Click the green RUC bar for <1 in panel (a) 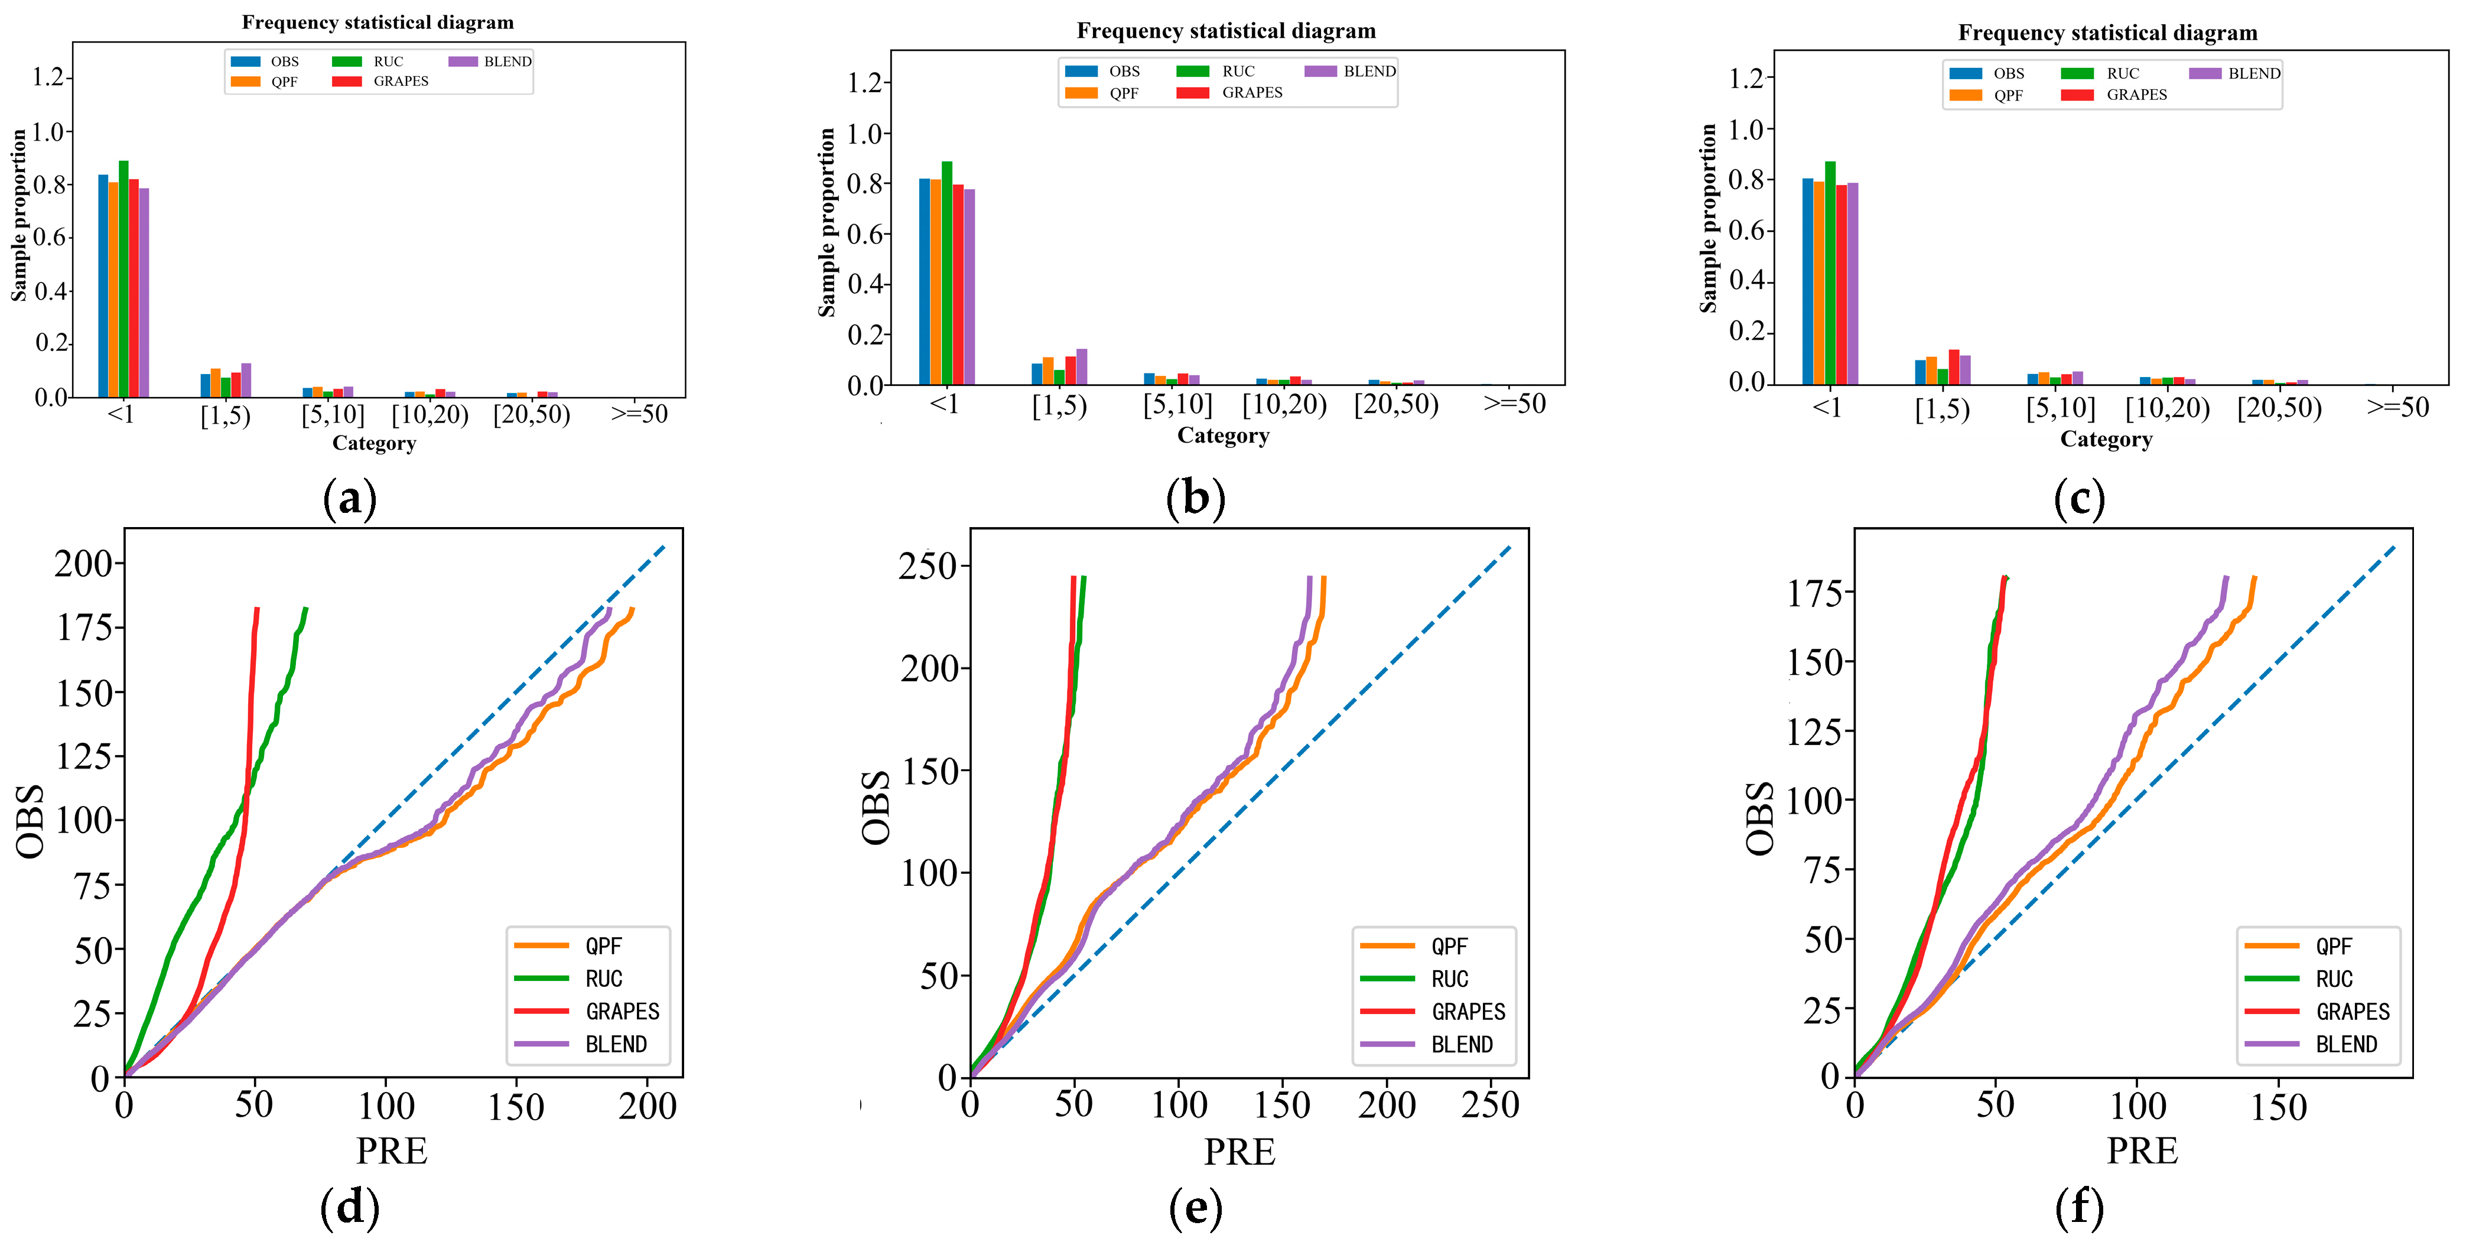point(124,279)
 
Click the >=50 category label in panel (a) point(639,414)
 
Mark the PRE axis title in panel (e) point(1239,1152)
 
